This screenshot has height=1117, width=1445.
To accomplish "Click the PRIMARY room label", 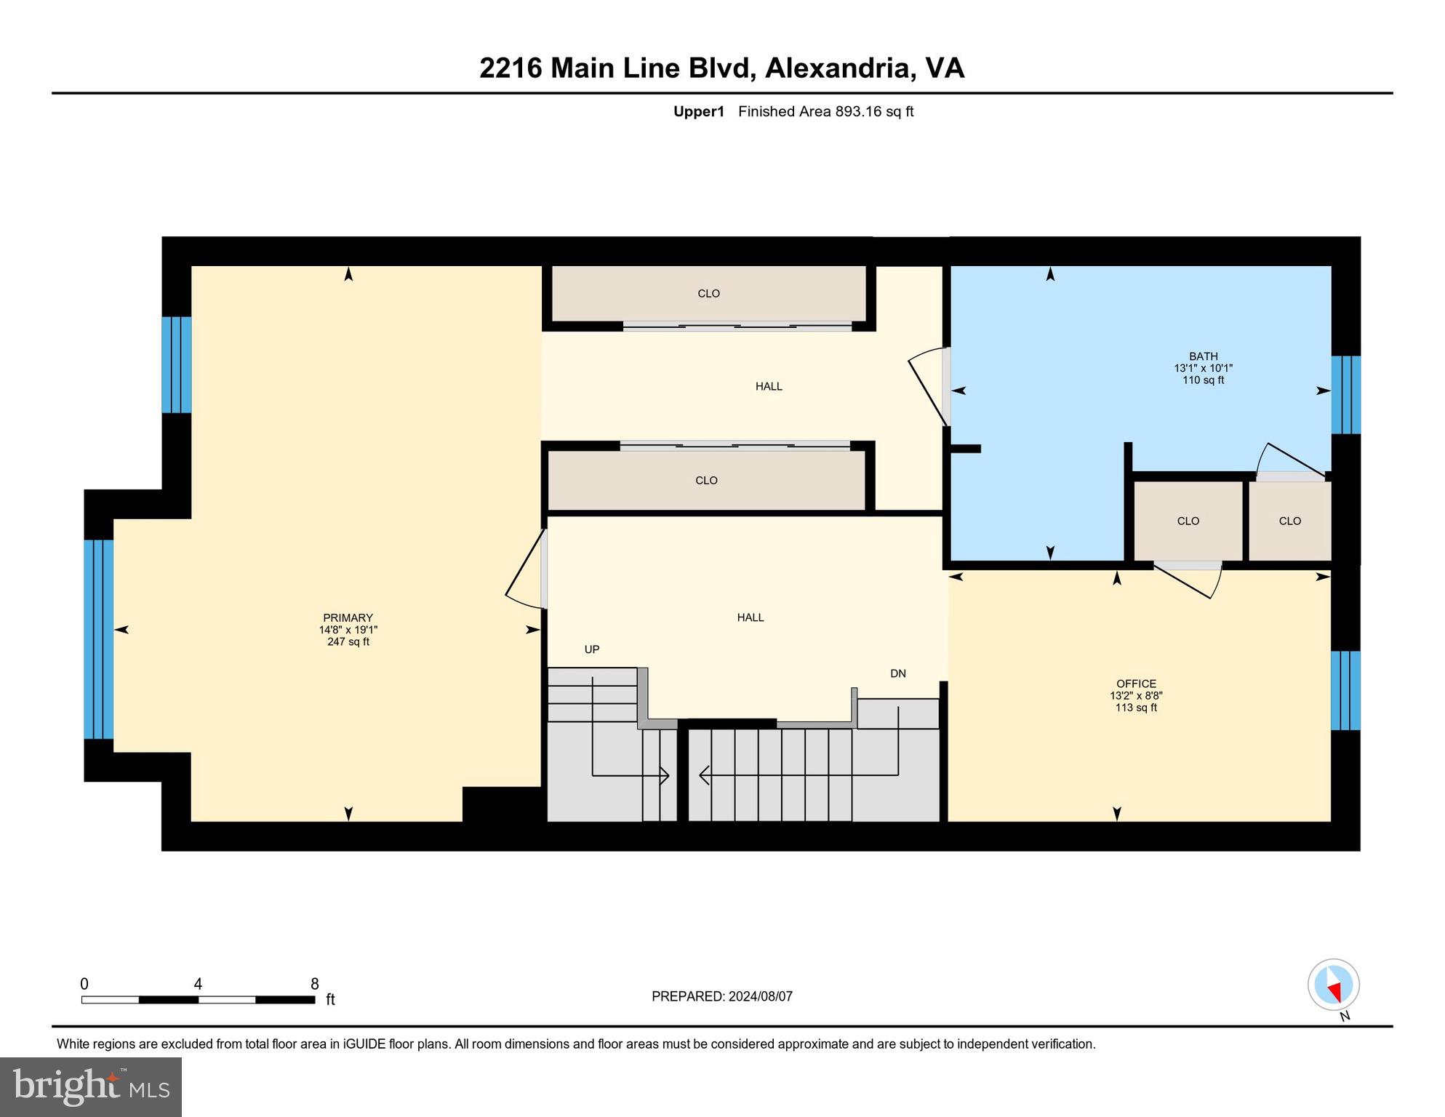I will click(348, 617).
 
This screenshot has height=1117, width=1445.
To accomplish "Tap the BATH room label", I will click(1203, 356).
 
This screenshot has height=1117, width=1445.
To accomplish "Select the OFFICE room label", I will click(1136, 684).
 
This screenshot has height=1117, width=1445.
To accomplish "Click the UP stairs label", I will click(592, 649).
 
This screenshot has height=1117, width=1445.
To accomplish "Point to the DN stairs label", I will click(898, 673).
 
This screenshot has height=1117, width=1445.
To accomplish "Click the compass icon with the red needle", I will click(1333, 985).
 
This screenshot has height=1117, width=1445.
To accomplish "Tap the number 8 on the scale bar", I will click(314, 984).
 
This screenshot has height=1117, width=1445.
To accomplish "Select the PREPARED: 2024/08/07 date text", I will click(721, 996).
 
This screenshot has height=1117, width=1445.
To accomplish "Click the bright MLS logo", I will click(91, 1086).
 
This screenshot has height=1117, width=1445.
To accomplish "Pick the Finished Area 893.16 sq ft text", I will click(825, 111).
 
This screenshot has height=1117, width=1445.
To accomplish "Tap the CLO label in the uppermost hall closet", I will click(708, 294).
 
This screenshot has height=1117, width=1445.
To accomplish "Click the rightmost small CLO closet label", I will click(1289, 521).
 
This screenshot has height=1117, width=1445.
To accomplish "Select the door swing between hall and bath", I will click(929, 389).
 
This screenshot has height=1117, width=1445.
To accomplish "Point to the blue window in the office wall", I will click(1345, 690).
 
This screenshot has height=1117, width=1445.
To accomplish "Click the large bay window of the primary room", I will click(99, 638).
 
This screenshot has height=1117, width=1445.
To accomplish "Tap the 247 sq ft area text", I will click(348, 642).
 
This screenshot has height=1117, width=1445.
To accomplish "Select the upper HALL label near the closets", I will click(769, 386).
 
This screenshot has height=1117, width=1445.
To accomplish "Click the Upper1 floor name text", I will click(699, 111).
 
